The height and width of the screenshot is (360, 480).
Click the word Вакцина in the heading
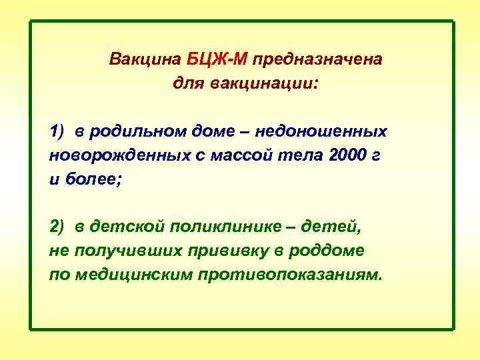[137, 60]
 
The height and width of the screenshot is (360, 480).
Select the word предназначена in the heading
[317, 60]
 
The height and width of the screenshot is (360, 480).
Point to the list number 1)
[57, 131]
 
